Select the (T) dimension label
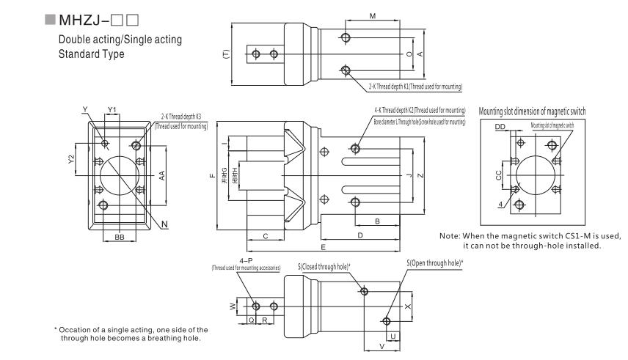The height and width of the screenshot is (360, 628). [x=226, y=53]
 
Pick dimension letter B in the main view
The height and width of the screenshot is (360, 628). [x=377, y=219]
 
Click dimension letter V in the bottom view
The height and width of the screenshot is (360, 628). [x=381, y=345]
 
